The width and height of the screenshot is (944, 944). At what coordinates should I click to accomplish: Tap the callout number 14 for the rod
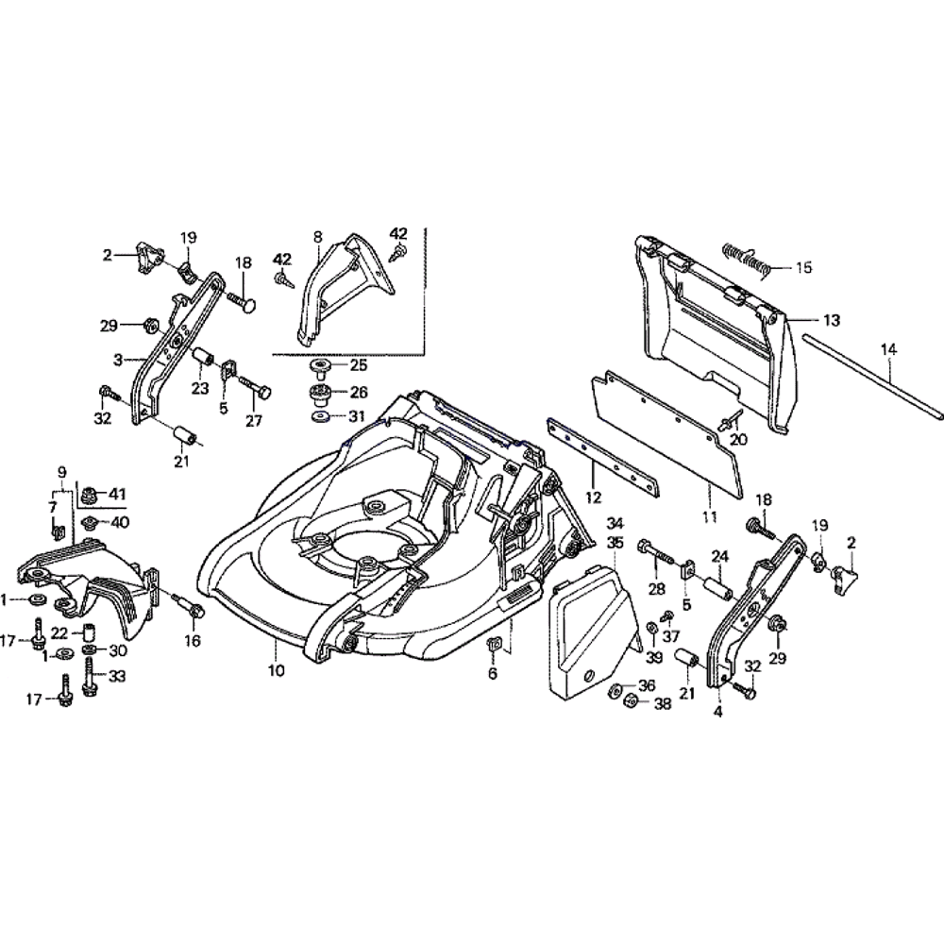coord(887,350)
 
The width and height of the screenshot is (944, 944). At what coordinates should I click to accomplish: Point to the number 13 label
coord(830,321)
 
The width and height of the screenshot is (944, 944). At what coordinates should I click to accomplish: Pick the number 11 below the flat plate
coord(709,516)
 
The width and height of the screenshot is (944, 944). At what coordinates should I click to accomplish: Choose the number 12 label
coord(594,496)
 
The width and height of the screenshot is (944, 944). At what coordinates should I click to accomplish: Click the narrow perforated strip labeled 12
coord(604,458)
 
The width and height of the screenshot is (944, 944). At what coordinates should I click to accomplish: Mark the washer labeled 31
coord(322,416)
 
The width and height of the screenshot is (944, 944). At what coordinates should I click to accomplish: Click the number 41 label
coord(117,493)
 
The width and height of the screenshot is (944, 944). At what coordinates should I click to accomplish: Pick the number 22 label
coord(59,632)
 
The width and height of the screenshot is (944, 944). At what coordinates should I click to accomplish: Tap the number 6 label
coord(493,674)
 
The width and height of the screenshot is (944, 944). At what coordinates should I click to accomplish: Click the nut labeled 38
coord(630,702)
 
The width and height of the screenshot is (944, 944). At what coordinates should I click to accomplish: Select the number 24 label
coord(718,556)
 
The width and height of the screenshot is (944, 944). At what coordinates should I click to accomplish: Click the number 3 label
coord(118,360)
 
